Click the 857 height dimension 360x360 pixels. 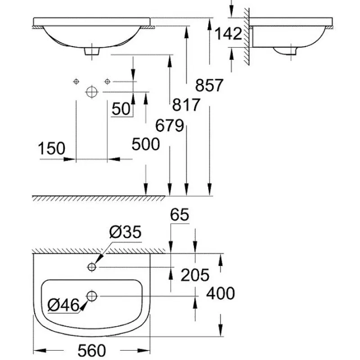209,85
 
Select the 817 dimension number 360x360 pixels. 186,105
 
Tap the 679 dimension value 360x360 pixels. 170,126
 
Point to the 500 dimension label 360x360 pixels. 146,144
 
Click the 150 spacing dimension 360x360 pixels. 51,148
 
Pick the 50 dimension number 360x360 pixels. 121,108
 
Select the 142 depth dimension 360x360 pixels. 228,34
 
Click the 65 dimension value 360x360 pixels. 180,215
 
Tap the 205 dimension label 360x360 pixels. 195,275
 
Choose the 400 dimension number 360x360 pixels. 220,293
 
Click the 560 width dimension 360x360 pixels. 92,351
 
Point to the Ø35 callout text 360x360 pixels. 125,232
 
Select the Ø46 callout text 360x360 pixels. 63,306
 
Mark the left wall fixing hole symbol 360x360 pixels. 76,81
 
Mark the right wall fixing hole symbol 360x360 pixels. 107,81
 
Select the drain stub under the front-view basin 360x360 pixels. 92,51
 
